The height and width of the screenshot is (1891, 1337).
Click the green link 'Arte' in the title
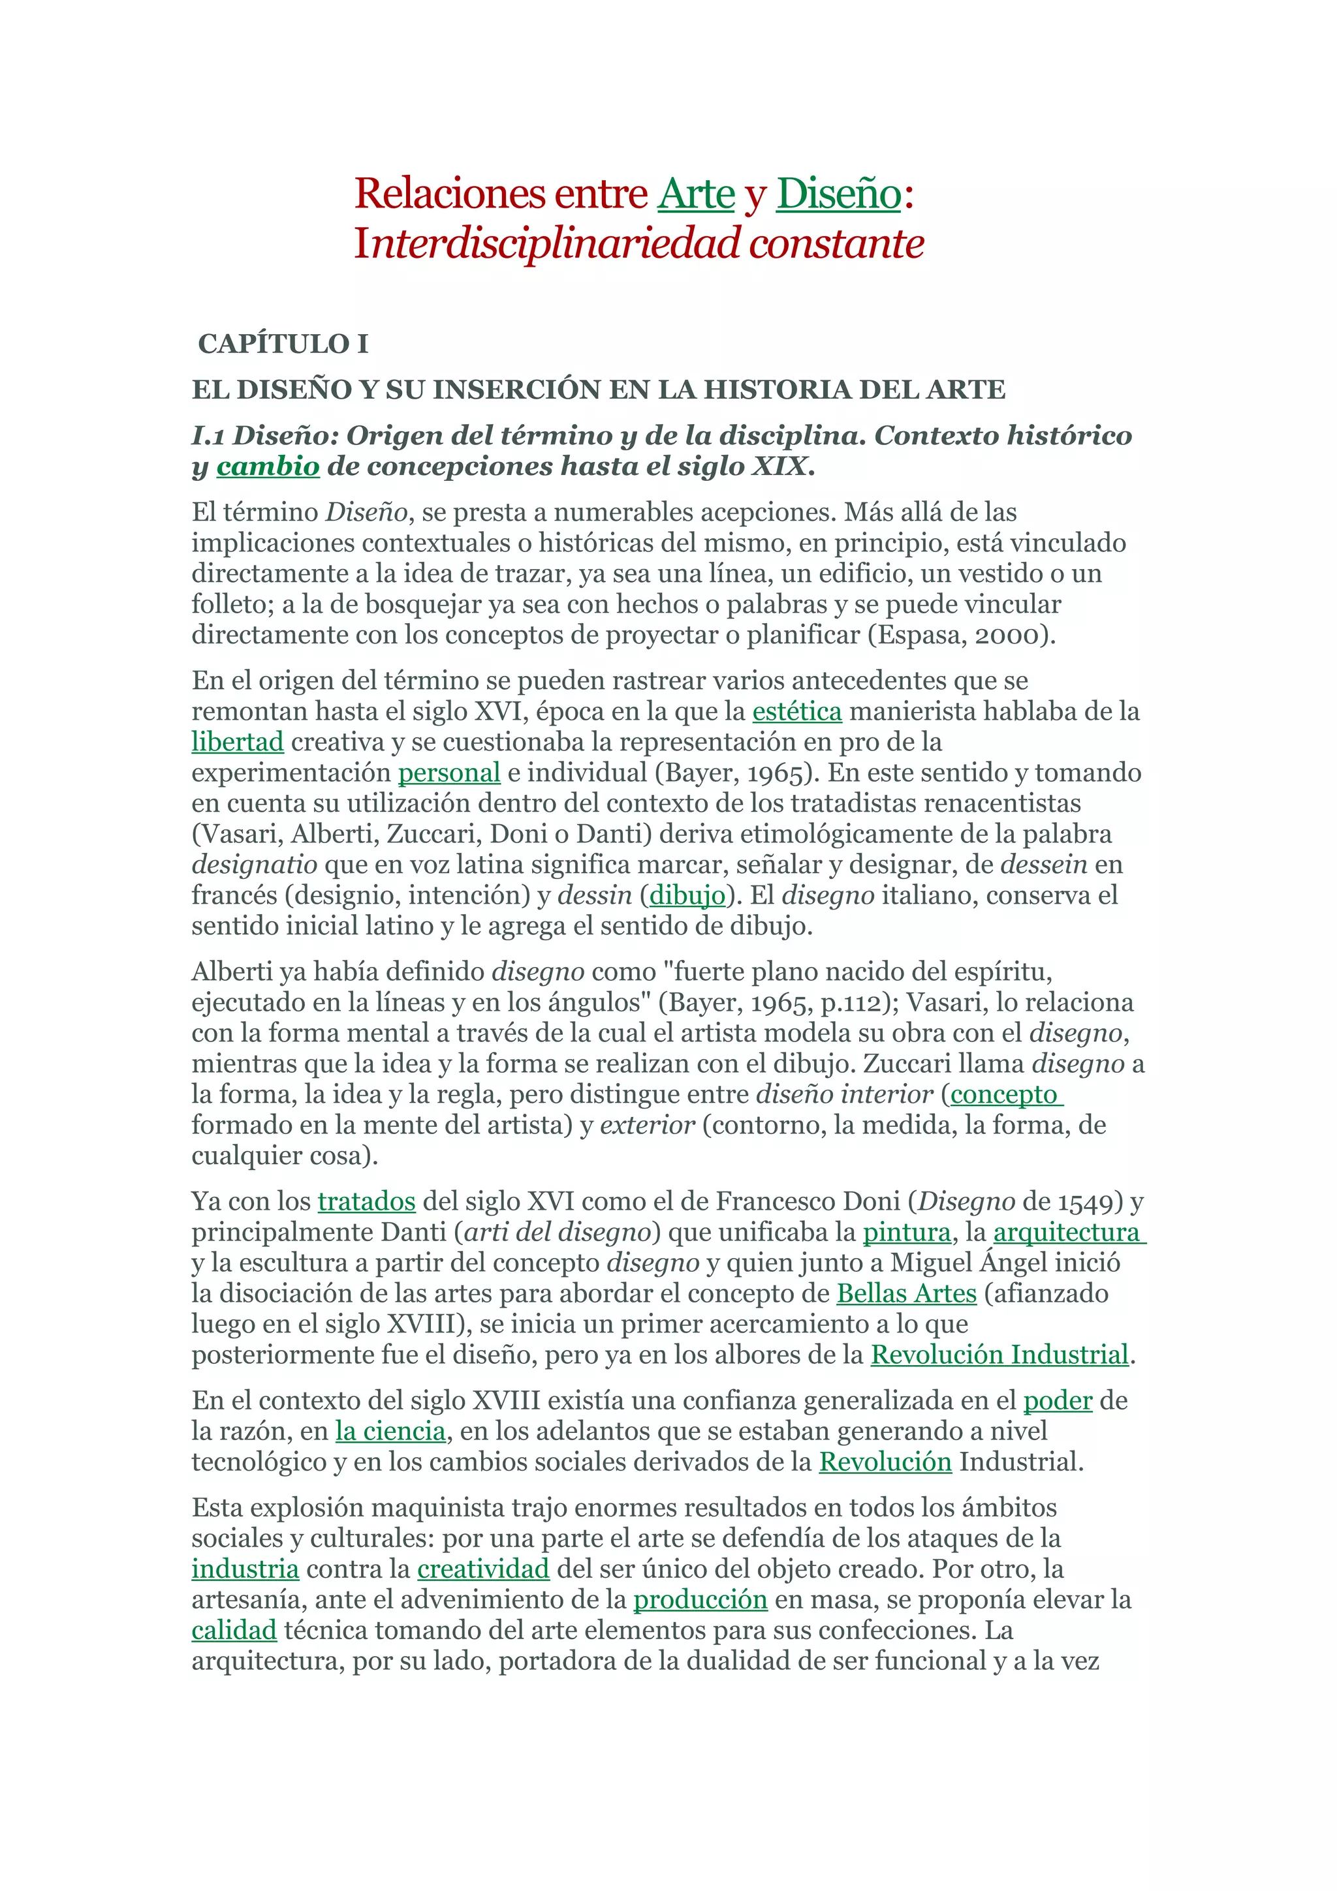[695, 194]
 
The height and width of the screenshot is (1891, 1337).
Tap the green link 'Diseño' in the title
[839, 194]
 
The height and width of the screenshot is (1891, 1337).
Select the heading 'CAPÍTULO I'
[283, 343]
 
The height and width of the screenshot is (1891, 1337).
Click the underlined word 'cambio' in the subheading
[268, 466]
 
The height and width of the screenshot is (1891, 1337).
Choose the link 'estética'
[796, 711]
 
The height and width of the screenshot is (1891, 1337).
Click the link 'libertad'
[237, 742]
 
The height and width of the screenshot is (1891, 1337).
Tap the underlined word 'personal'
[449, 773]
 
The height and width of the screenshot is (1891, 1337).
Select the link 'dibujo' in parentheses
[687, 895]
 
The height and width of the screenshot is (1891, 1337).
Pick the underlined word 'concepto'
[1004, 1094]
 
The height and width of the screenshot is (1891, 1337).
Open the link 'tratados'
[367, 1202]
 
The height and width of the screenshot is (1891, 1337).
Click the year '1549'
[1085, 1202]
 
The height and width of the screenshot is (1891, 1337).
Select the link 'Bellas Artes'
[906, 1294]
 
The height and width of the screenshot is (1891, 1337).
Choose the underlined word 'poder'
[1058, 1401]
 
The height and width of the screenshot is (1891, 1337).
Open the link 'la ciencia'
[390, 1432]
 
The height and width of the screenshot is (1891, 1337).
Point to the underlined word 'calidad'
[234, 1631]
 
